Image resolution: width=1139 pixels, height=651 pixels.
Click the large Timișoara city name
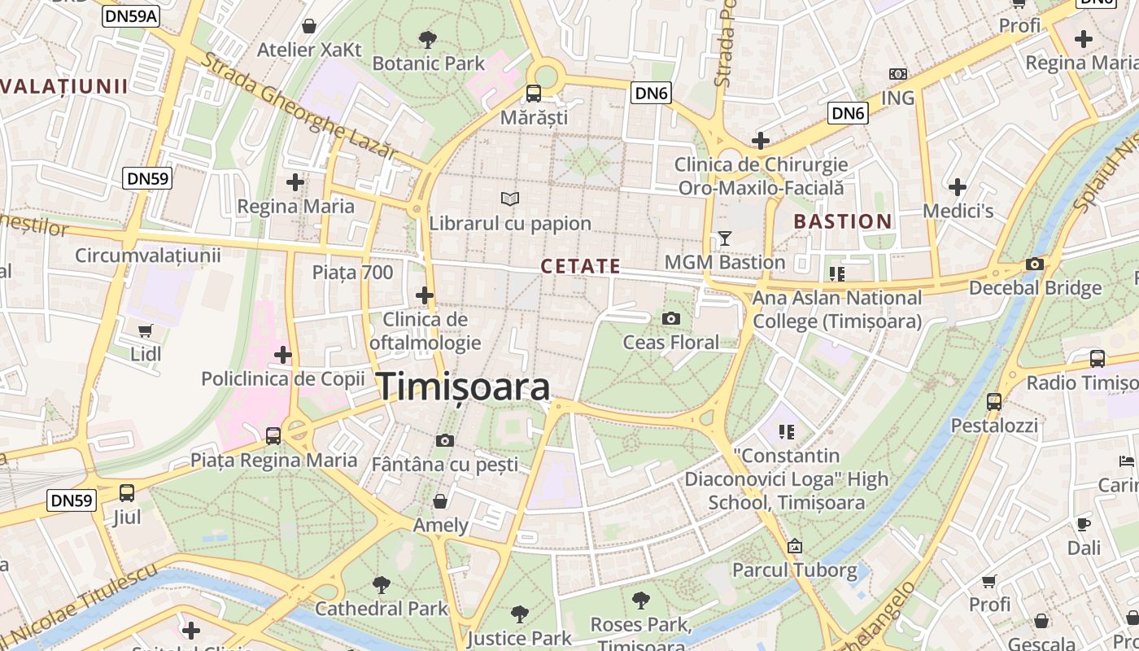[x=463, y=387]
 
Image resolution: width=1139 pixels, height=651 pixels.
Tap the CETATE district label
[x=580, y=266]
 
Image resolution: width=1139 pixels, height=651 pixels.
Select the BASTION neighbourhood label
[x=843, y=221]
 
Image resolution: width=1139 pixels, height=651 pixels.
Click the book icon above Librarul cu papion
[x=510, y=199]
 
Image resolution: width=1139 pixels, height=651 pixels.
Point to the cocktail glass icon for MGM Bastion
[x=724, y=238]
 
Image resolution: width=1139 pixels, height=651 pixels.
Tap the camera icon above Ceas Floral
[x=671, y=318]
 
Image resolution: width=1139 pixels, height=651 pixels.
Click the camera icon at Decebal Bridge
[x=1035, y=264]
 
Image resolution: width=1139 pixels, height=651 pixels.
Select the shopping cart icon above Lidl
[x=146, y=330]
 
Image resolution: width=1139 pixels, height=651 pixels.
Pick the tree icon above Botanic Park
[x=428, y=39]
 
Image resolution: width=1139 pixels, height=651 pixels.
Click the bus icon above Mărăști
[x=534, y=93]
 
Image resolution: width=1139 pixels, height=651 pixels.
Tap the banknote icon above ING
[x=897, y=74]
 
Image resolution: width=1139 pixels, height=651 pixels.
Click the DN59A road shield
[x=130, y=15]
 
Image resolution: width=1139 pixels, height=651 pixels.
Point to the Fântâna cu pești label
[x=444, y=465]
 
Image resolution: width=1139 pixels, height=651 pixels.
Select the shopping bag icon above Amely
[x=440, y=500]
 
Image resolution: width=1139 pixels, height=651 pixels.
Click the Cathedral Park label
[x=381, y=608]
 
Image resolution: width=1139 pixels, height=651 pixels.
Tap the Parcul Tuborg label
[x=795, y=570]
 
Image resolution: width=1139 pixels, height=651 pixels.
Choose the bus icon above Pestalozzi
[x=994, y=401]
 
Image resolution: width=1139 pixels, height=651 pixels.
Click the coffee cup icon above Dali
[x=1083, y=524]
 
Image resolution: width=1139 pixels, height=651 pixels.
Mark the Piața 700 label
[x=352, y=273]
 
